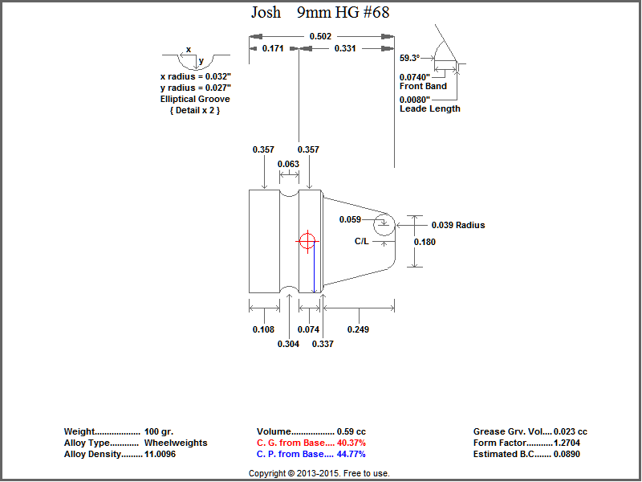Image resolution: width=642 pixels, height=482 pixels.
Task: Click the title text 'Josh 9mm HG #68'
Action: pos(320,12)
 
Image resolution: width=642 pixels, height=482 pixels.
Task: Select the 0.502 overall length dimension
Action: pos(320,36)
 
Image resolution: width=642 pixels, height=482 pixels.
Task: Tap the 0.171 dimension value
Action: pos(274,49)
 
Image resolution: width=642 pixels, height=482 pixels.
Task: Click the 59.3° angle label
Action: pos(409,58)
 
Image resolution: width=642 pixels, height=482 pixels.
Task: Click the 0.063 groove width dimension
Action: pos(288,165)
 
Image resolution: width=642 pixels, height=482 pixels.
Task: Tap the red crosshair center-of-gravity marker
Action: pos(307,241)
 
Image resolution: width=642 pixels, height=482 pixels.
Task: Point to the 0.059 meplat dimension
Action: pos(350,219)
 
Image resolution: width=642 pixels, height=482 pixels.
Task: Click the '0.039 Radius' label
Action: pos(458,226)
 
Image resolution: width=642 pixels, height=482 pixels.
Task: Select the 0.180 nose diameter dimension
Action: pos(425,242)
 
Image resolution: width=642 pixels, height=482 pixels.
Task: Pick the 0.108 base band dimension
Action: pos(263,329)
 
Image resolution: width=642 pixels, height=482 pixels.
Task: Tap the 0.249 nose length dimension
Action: pos(358,329)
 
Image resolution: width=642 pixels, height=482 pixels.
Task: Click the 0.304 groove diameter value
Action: pos(288,344)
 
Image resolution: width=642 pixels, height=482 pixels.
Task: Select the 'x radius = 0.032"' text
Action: pos(195,76)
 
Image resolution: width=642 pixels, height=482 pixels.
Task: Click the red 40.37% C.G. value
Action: pos(351,443)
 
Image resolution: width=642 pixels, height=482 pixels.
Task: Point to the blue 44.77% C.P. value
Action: pos(351,454)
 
